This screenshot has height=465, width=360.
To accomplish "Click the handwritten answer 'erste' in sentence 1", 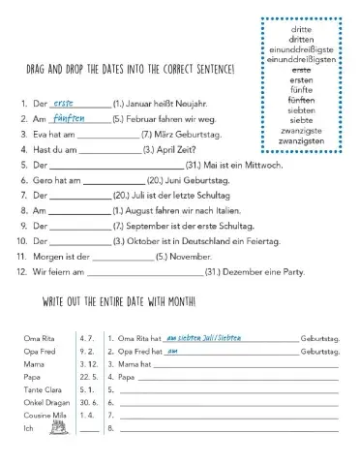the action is [x=66, y=129].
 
